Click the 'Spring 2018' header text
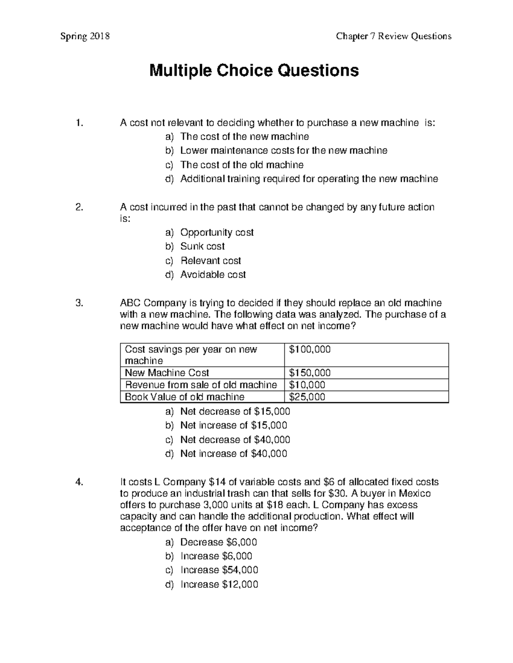tap(85, 36)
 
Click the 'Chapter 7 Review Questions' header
tap(393, 36)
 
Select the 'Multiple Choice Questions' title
tap(254, 70)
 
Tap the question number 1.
tap(78, 123)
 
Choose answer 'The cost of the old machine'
tap(242, 165)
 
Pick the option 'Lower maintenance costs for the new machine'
tap(283, 151)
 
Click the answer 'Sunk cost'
tap(202, 246)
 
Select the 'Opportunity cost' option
tap(217, 233)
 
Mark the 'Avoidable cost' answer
tap(213, 275)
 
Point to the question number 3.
tap(78, 303)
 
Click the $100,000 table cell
tap(310, 350)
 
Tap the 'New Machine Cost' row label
tap(167, 373)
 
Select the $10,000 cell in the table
tap(307, 385)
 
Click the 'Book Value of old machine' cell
tap(184, 397)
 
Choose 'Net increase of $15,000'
tap(233, 425)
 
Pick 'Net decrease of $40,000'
tap(235, 439)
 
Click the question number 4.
tap(78, 482)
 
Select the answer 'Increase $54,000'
tap(219, 570)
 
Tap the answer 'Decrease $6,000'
tap(218, 542)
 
